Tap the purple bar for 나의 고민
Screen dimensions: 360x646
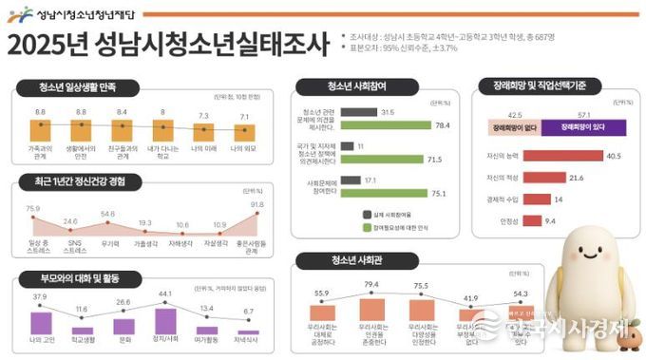click(x=41, y=322)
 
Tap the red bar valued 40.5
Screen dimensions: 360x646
click(x=560, y=155)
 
